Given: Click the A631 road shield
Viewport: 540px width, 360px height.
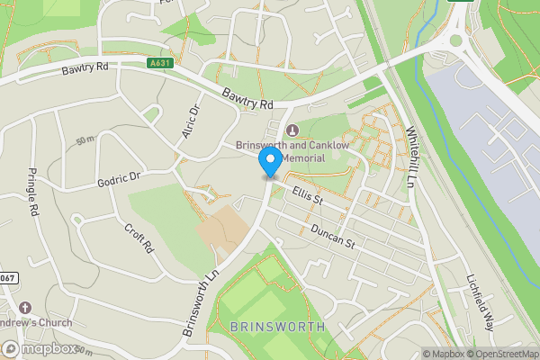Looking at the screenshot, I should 158,64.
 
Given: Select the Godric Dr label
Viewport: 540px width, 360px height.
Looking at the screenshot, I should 120,179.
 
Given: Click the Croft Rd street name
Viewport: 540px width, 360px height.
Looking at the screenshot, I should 140,239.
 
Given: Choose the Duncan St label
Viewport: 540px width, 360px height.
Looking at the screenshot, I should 335,239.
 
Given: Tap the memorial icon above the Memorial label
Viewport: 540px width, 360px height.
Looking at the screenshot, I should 290,131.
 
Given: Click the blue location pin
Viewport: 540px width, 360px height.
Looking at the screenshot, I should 269,162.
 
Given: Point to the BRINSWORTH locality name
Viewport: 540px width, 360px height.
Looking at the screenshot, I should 275,326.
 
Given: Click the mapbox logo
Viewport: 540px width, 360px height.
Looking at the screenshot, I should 40,348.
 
